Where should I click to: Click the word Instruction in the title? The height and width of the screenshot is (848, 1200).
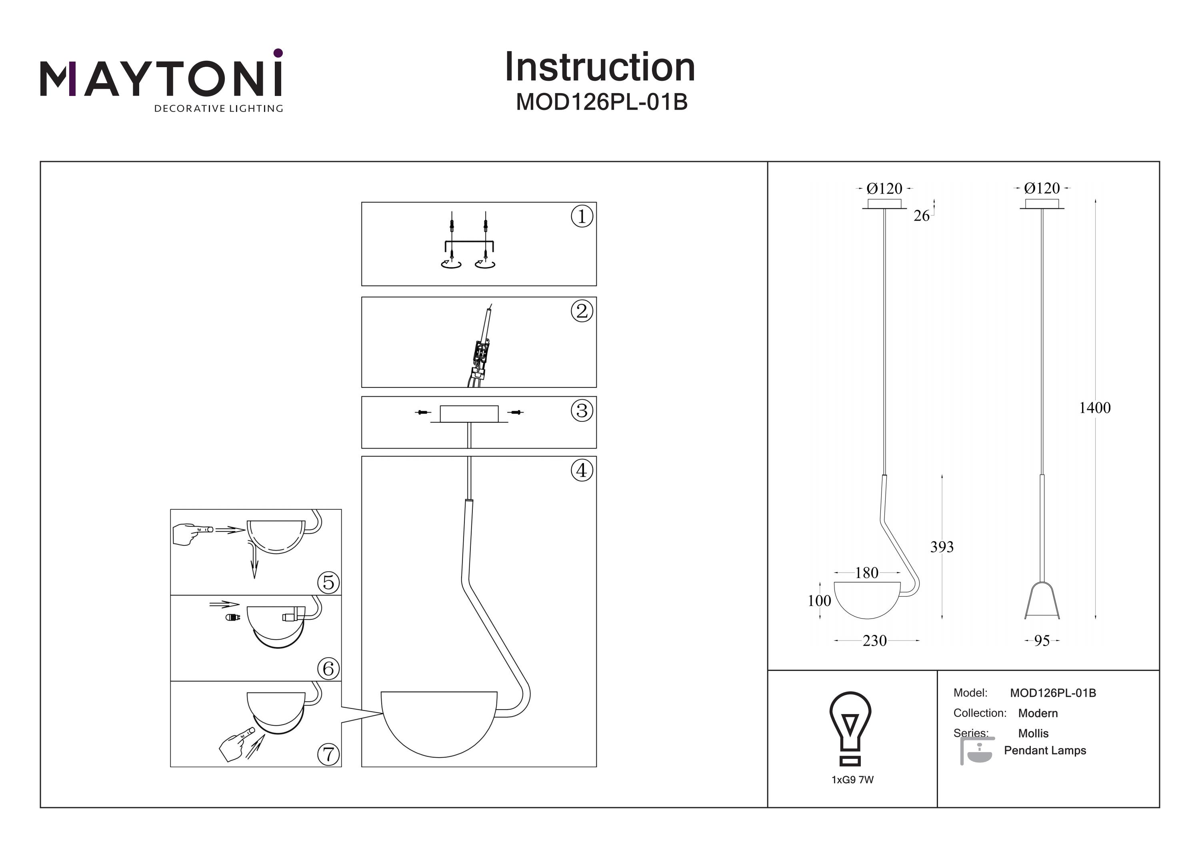(600, 68)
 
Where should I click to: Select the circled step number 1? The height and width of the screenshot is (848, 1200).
(582, 216)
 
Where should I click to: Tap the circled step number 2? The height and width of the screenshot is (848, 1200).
(582, 311)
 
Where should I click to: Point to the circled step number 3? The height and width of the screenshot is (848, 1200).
(582, 411)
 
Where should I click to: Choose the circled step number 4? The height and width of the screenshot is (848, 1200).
(582, 471)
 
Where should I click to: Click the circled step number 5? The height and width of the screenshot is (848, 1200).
(328, 582)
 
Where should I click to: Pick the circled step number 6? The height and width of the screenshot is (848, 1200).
(328, 668)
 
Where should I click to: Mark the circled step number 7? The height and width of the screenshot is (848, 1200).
(328, 754)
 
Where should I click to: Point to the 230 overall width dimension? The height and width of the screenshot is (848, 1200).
(874, 641)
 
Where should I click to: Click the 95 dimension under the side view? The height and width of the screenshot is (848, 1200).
(1042, 641)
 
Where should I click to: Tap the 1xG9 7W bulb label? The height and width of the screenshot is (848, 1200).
(852, 780)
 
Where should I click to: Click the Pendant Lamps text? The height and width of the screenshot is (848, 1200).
(1045, 751)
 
